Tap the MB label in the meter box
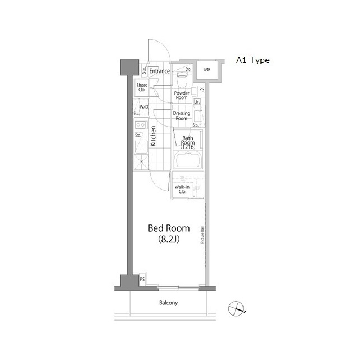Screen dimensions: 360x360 tap(207, 70)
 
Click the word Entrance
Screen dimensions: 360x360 tap(160, 71)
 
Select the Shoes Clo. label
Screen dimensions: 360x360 tap(142, 87)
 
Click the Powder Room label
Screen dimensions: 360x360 tap(181, 95)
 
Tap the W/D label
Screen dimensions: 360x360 tap(143, 107)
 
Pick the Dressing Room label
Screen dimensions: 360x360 tap(181, 116)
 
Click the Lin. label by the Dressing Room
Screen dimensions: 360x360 tap(197, 102)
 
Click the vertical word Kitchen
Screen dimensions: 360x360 tap(152, 137)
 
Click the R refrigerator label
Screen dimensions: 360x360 tap(141, 162)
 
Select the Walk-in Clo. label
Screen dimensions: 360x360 tap(182, 190)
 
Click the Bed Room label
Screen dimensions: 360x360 tap(169, 228)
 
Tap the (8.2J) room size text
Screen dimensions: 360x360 tap(169, 241)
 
